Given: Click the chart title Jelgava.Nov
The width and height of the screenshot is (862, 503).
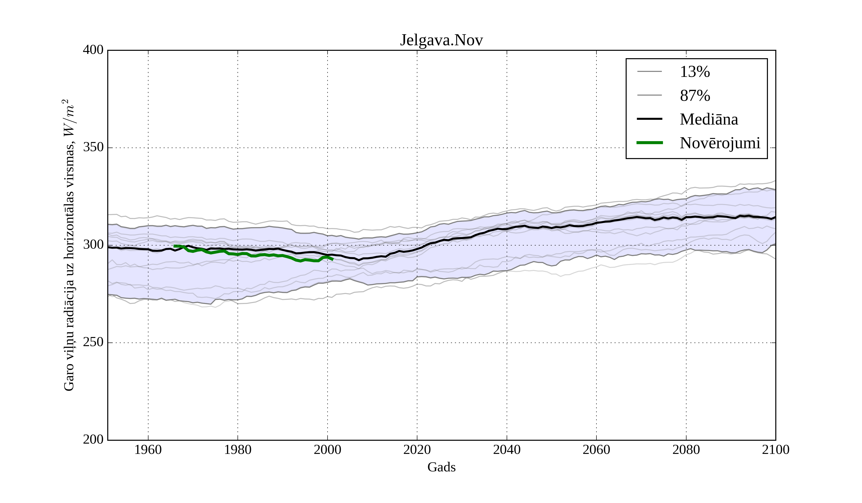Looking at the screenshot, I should (x=441, y=40).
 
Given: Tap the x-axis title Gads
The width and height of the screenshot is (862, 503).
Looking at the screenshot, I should (x=441, y=467).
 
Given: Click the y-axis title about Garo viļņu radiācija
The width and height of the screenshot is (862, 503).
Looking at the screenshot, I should (x=69, y=245).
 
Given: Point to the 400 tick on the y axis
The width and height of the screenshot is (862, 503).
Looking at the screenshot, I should (x=93, y=50).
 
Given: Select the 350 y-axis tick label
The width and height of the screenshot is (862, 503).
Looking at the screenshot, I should (x=93, y=148).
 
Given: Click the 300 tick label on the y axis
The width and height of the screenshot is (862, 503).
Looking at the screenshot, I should (x=93, y=245).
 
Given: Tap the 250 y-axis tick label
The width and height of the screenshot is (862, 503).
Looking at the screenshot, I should (x=93, y=342).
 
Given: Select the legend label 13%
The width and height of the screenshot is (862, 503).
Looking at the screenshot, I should (x=695, y=72).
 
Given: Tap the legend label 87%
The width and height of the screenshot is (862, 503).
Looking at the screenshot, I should (x=695, y=96).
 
